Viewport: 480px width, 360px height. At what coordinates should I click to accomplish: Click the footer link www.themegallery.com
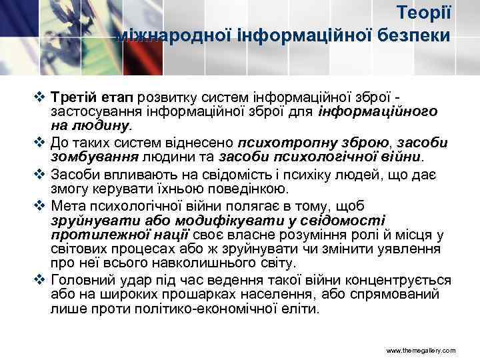tap(420, 350)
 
